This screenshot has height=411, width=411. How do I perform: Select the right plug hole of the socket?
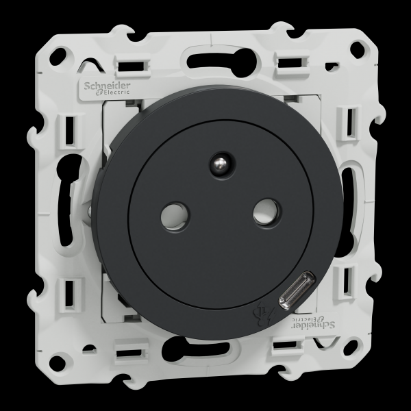pyautogui.click(x=266, y=212)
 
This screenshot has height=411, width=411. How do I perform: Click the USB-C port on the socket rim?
pyautogui.click(x=296, y=290)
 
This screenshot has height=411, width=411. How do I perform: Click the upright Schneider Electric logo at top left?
pyautogui.click(x=107, y=88)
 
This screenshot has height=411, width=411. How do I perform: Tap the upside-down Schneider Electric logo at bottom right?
pyautogui.click(x=313, y=323)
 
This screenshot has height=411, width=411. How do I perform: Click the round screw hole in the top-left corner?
pyautogui.click(x=59, y=57)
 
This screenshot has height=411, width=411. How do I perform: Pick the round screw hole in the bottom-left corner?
pyautogui.click(x=58, y=363)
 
